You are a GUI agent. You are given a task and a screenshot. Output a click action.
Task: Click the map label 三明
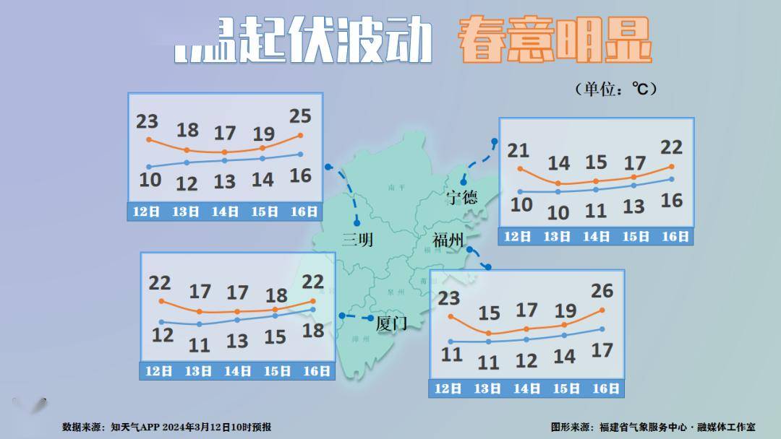357,240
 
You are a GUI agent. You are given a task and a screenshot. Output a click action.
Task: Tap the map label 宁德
461,197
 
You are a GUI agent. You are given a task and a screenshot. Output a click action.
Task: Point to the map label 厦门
391,323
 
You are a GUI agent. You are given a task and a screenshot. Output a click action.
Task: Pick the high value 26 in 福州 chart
602,291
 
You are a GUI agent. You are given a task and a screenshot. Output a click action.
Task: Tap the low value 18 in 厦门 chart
312,331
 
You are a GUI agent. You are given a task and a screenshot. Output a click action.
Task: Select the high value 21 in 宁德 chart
518,150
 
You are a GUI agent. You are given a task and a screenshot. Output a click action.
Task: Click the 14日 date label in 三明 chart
225,212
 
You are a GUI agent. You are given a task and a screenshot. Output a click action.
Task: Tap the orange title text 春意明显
554,41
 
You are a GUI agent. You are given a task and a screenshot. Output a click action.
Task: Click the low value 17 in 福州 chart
602,351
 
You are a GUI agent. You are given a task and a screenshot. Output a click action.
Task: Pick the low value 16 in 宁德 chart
672,201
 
